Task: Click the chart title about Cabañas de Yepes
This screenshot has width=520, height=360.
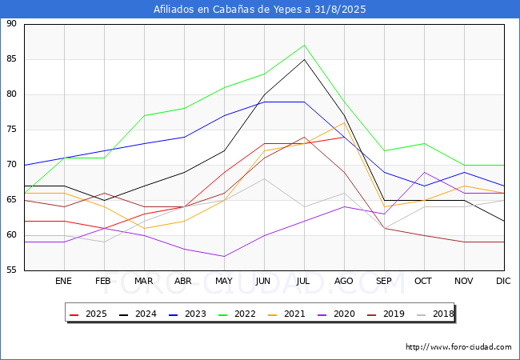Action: point(260,10)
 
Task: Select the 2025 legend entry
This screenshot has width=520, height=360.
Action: point(88,314)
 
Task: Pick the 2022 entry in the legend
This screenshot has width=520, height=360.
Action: point(237,314)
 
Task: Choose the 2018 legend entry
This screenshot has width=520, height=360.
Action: point(435,314)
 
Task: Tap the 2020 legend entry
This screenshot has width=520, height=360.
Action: point(336,314)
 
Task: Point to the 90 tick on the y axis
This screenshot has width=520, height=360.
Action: point(11,23)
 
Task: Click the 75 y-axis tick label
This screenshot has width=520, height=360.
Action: point(11,130)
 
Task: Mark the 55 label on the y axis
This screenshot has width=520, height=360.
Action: point(11,270)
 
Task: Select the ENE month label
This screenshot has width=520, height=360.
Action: point(63,281)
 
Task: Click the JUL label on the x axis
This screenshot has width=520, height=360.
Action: point(303,281)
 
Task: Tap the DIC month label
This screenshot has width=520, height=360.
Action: point(503,281)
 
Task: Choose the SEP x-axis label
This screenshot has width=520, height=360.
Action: point(384,281)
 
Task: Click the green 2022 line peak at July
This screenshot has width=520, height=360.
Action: point(304,45)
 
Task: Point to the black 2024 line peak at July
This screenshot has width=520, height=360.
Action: point(304,59)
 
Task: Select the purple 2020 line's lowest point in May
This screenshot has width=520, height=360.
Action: point(225,256)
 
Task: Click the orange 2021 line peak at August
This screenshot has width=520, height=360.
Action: point(344,122)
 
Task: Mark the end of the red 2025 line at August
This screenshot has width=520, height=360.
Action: point(344,137)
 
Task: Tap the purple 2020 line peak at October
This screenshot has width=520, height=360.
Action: point(424,172)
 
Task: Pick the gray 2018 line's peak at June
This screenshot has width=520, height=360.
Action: point(264,179)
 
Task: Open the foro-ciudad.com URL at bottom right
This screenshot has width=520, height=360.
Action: point(458,347)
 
